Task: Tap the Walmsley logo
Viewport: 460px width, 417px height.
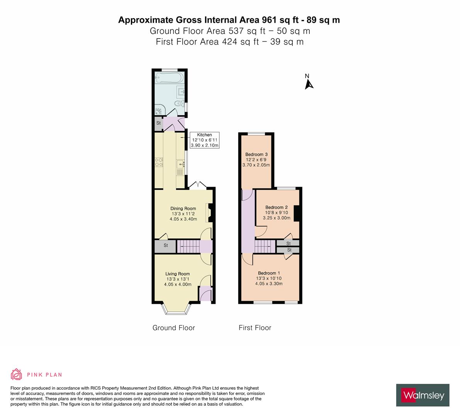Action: click(423, 395)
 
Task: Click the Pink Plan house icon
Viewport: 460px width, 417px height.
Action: click(16, 374)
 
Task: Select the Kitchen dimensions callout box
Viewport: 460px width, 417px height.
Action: click(205, 140)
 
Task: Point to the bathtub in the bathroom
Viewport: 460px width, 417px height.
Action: click(167, 79)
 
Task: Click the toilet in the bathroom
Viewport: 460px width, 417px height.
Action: click(179, 104)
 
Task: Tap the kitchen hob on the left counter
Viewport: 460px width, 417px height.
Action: click(158, 162)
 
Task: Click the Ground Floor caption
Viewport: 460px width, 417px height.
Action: click(174, 328)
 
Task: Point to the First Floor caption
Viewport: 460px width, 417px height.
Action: click(255, 328)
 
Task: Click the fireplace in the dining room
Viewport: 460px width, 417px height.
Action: click(209, 213)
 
